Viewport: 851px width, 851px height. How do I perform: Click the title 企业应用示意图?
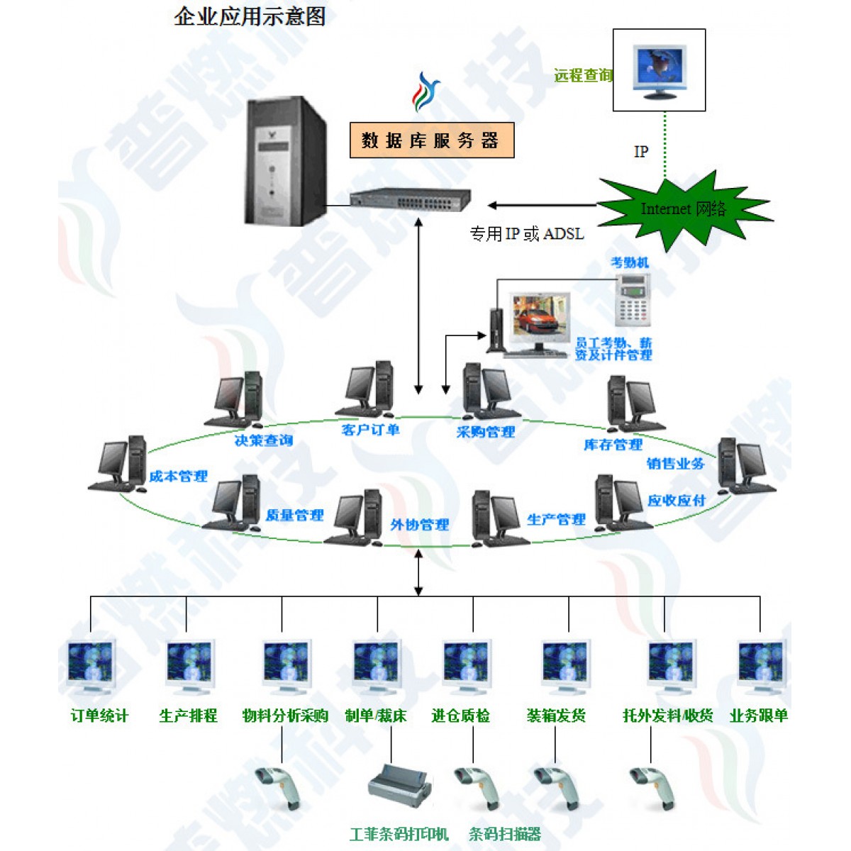pyautogui.click(x=250, y=16)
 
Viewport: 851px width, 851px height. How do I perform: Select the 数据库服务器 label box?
pyautogui.click(x=431, y=140)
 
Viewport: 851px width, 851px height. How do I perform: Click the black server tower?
pyautogui.click(x=287, y=162)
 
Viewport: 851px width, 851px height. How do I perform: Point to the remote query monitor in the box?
pyautogui.click(x=660, y=72)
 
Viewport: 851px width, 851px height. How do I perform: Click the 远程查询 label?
pyautogui.click(x=582, y=75)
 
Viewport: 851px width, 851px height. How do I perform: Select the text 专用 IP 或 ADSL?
pyautogui.click(x=527, y=233)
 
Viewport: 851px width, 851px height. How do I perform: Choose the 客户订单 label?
pyautogui.click(x=370, y=430)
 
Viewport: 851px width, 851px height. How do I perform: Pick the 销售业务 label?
pyautogui.click(x=675, y=463)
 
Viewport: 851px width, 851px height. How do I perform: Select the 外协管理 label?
pyautogui.click(x=419, y=525)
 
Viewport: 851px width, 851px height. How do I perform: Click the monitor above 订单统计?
pyautogui.click(x=91, y=667)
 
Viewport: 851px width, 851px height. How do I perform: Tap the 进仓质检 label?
pyautogui.click(x=460, y=716)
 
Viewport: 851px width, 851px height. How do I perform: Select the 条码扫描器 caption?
pyautogui.click(x=504, y=834)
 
